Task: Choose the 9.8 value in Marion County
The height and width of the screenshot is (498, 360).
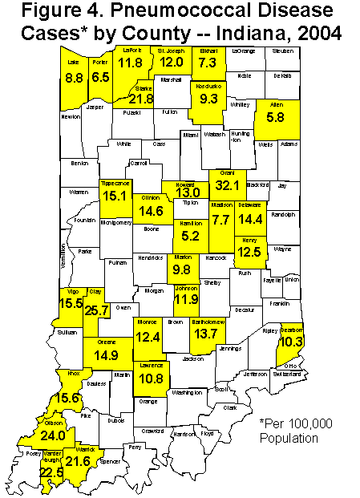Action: pos(182,269)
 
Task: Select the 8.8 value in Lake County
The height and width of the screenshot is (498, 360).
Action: pos(75,79)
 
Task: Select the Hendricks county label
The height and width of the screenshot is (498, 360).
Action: pos(150,258)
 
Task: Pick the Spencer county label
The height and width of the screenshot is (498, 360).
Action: pos(114,463)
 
